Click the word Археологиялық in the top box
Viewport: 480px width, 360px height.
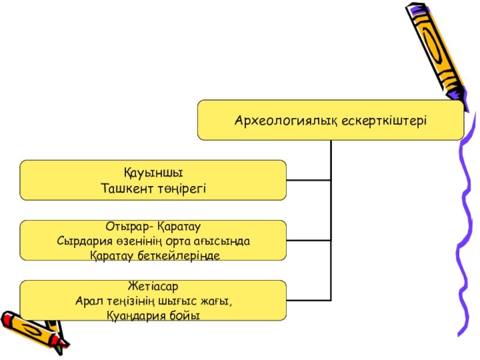[x=287, y=120]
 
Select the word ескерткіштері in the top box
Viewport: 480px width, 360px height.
[x=384, y=120]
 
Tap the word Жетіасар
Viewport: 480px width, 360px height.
[x=153, y=287]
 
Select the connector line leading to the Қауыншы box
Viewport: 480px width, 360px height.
[x=308, y=179]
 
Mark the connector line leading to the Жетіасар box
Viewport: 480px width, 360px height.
[x=308, y=299]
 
